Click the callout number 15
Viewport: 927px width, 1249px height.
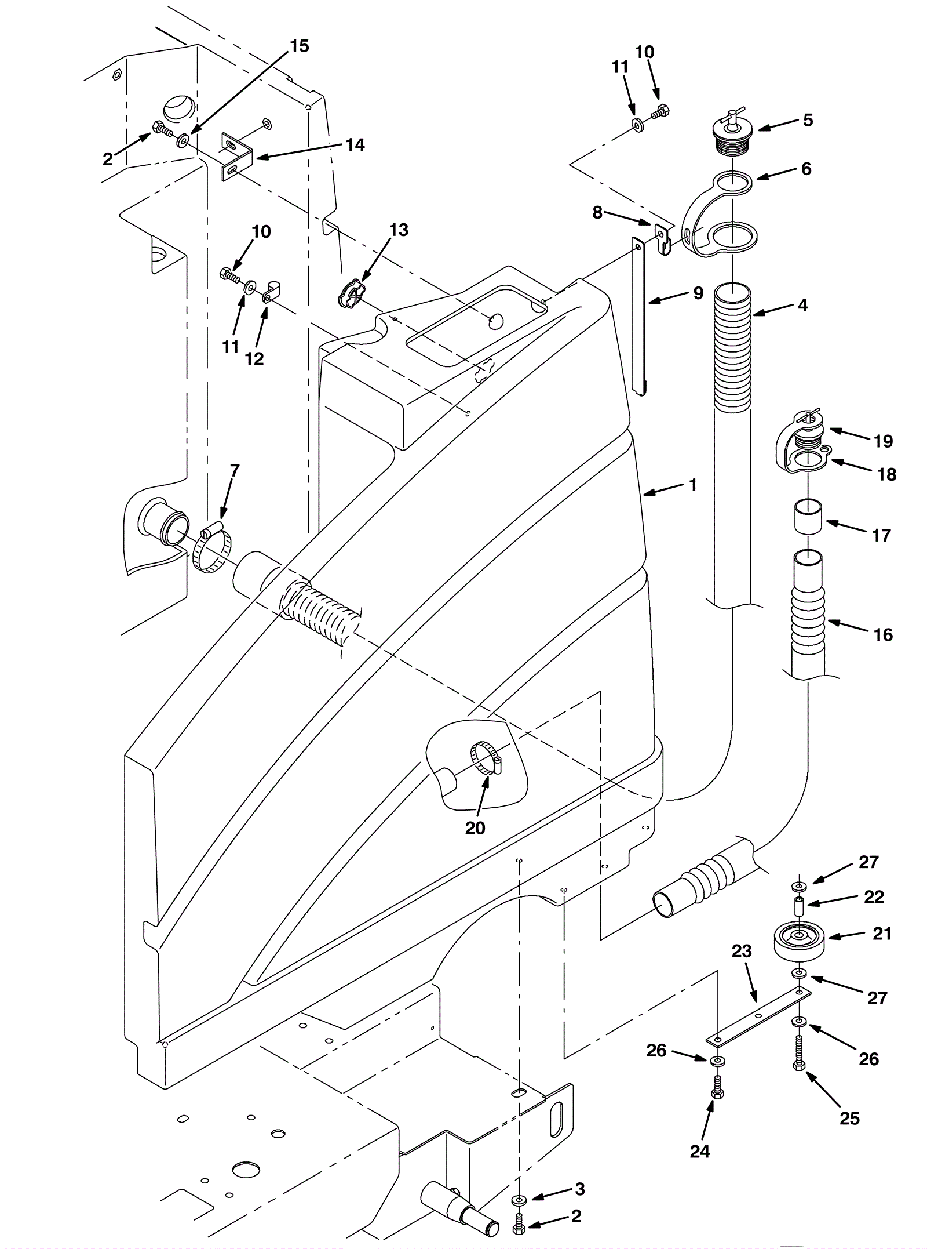click(299, 46)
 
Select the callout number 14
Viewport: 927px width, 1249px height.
click(355, 144)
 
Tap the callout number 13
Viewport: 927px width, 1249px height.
click(399, 230)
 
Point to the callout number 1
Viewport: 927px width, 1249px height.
click(693, 485)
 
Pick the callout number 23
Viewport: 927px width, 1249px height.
click(742, 951)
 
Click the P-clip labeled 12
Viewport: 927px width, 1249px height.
click(271, 292)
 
